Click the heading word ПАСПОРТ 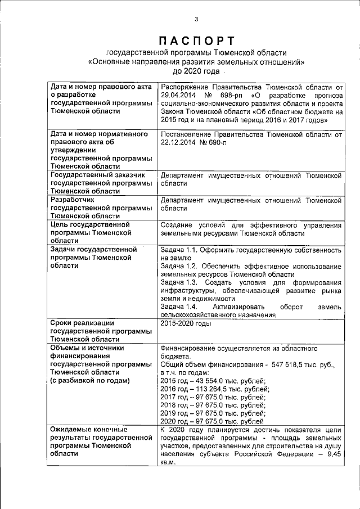tap(196, 40)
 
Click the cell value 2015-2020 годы tap(186, 323)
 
